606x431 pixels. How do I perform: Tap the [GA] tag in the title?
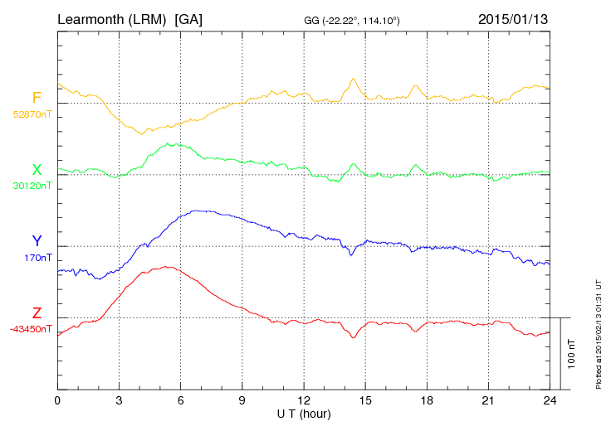[188, 18]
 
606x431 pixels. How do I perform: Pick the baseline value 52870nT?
[32, 114]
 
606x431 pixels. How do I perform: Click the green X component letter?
[37, 170]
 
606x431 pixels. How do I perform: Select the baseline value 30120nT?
[32, 185]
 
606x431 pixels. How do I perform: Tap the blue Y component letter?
[37, 241]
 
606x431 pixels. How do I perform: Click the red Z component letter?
[37, 313]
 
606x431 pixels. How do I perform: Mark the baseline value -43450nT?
[31, 329]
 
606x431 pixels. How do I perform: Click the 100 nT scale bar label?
[572, 354]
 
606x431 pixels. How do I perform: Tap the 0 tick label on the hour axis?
[57, 400]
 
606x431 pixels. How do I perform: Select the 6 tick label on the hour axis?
[180, 400]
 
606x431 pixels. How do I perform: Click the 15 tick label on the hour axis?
[365, 400]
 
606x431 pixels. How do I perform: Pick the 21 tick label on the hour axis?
[488, 400]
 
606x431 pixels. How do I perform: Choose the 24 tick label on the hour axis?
[550, 400]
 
